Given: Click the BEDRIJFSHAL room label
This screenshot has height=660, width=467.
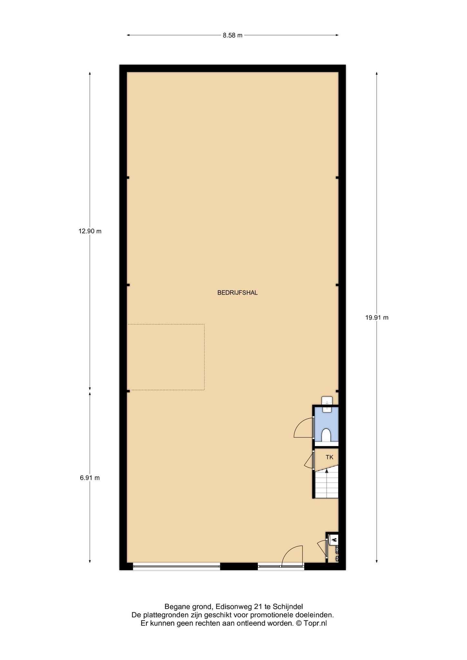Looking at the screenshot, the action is click(237, 293).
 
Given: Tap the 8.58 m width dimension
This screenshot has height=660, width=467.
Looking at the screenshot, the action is click(233, 35).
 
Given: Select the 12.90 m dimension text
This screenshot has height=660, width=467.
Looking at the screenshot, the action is click(90, 231).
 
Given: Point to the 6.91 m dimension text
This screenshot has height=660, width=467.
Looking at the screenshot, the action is click(90, 478).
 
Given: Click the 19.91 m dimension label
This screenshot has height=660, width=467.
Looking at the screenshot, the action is click(377, 317).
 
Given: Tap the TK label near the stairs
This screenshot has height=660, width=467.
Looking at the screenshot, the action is click(329, 457).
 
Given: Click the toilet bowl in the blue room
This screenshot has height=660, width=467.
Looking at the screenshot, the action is click(326, 435).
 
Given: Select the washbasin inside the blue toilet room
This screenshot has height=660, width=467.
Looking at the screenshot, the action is click(327, 409).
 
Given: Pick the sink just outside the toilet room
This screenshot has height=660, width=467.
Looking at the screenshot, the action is click(327, 400).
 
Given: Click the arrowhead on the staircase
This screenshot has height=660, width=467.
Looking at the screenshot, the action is click(327, 471).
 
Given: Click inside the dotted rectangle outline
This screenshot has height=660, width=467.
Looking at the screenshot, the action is click(166, 357).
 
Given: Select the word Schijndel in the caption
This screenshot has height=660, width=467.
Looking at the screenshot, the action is click(288, 607).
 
